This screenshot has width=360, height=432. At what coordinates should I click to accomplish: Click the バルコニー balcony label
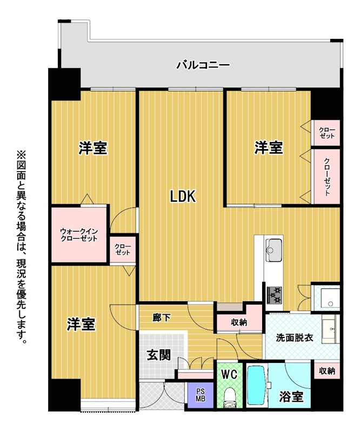203,65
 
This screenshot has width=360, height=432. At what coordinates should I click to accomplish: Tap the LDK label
183,197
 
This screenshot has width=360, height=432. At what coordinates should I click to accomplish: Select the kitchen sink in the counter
274,250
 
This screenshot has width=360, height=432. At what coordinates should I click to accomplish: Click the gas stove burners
274,295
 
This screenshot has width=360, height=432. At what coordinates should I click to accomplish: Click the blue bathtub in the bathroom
256,386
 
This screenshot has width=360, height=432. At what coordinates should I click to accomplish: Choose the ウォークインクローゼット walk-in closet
78,234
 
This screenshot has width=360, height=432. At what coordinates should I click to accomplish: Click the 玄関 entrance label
158,355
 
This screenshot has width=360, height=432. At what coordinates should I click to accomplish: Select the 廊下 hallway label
162,318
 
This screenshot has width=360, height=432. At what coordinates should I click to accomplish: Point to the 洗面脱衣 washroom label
295,337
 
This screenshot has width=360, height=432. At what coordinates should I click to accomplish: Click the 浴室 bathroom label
291,396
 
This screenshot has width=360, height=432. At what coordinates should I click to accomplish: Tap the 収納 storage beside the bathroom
327,370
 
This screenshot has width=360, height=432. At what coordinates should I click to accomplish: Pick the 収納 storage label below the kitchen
239,322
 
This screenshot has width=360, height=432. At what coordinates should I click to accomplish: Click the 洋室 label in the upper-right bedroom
269,147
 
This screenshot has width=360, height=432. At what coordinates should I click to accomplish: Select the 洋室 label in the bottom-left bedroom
81,324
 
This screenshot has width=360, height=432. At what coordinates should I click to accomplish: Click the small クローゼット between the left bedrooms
123,249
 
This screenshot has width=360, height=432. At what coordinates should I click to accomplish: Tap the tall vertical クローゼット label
327,177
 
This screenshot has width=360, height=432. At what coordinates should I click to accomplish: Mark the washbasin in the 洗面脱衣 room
330,328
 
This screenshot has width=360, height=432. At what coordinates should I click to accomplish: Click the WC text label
229,374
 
